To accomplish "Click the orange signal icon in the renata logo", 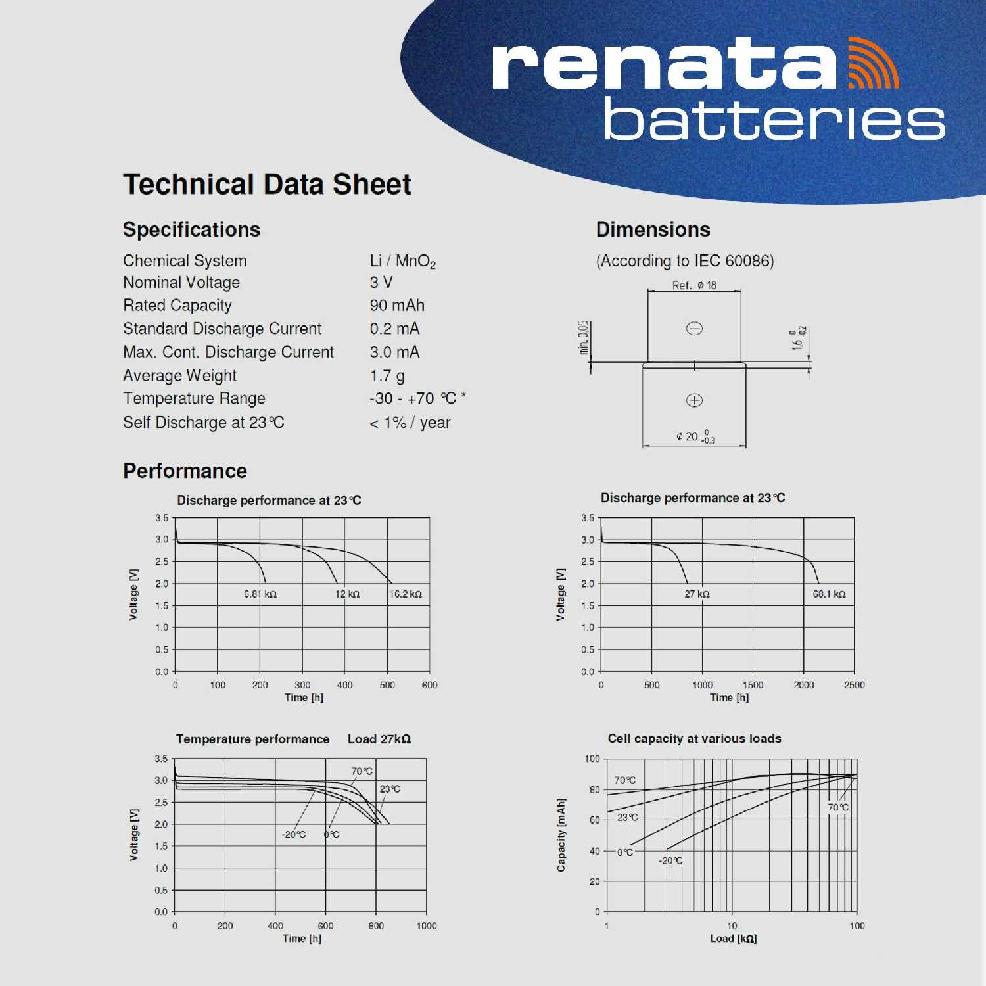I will pos(873,64).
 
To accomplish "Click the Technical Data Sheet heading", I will pos(267,185).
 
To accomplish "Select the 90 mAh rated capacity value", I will pos(397,306).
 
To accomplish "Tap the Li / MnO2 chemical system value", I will pos(402,262).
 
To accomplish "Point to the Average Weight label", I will pos(179,376).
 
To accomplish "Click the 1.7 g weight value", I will pos(387,376).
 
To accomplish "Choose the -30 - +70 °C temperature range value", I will pos(417,399).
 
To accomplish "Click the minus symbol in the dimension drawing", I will pos(694,329).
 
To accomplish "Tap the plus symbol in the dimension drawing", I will pos(694,400).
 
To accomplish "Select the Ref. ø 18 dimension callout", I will pos(694,285).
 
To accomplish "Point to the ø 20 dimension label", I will pos(694,436).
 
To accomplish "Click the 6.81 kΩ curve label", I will pos(260,594).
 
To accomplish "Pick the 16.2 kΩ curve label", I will pos(406,594).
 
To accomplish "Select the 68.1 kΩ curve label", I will pos(829,594).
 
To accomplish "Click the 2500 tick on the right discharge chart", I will pos(854,685).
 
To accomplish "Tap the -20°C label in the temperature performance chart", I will pos(294,835).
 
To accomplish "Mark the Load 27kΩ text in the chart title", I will pos(379,739).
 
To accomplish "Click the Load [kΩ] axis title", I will pos(733,939).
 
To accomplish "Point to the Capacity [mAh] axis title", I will pos(561,835).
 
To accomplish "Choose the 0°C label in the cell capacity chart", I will pos(625,853).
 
